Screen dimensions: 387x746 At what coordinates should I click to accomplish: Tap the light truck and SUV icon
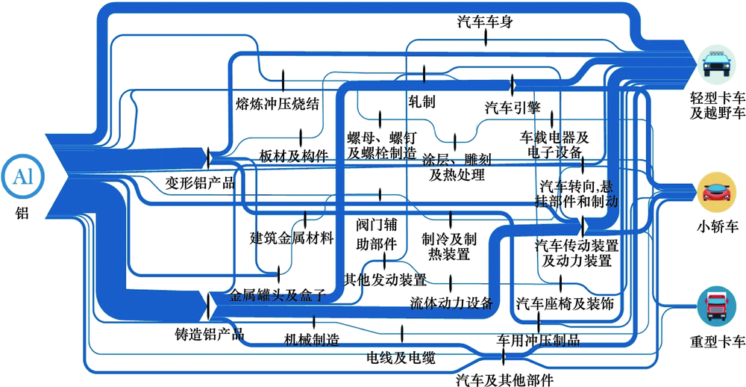coord(718,63)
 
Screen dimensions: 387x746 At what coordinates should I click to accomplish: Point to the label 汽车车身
coord(485,22)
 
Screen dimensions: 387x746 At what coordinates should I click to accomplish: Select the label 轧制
coord(422,100)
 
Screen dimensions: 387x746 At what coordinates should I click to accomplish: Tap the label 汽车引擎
coord(513,107)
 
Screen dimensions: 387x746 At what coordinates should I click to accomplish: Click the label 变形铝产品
coord(200,183)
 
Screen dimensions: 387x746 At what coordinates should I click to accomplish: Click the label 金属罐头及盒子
coord(278,295)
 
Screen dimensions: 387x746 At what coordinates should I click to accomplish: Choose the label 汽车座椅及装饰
coord(565,304)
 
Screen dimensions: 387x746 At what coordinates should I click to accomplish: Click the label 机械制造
coord(312,341)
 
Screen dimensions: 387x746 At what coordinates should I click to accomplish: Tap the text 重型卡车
coord(718,343)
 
